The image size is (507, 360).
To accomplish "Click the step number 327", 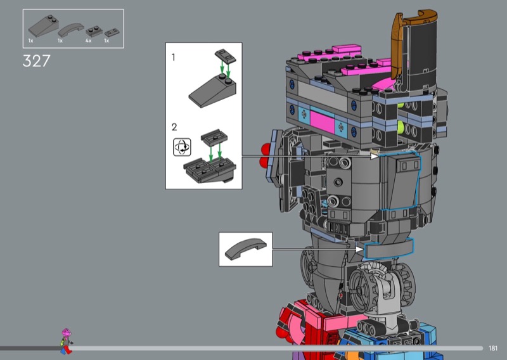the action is tap(37, 61).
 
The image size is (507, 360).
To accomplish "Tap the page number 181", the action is tap(493, 348).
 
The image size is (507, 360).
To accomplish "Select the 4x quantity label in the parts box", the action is tap(88, 41).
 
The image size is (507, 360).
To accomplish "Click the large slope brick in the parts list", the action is tap(44, 26).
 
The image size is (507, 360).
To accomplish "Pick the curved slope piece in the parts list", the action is tap(71, 29).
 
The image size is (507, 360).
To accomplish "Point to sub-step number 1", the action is tap(173, 57).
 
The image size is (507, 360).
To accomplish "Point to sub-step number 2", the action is tap(174, 127).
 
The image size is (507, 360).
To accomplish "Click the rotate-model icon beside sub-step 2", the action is tap(182, 147).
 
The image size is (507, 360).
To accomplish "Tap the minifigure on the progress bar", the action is tap(67, 341).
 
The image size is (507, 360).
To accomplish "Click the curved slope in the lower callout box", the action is tap(246, 248).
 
